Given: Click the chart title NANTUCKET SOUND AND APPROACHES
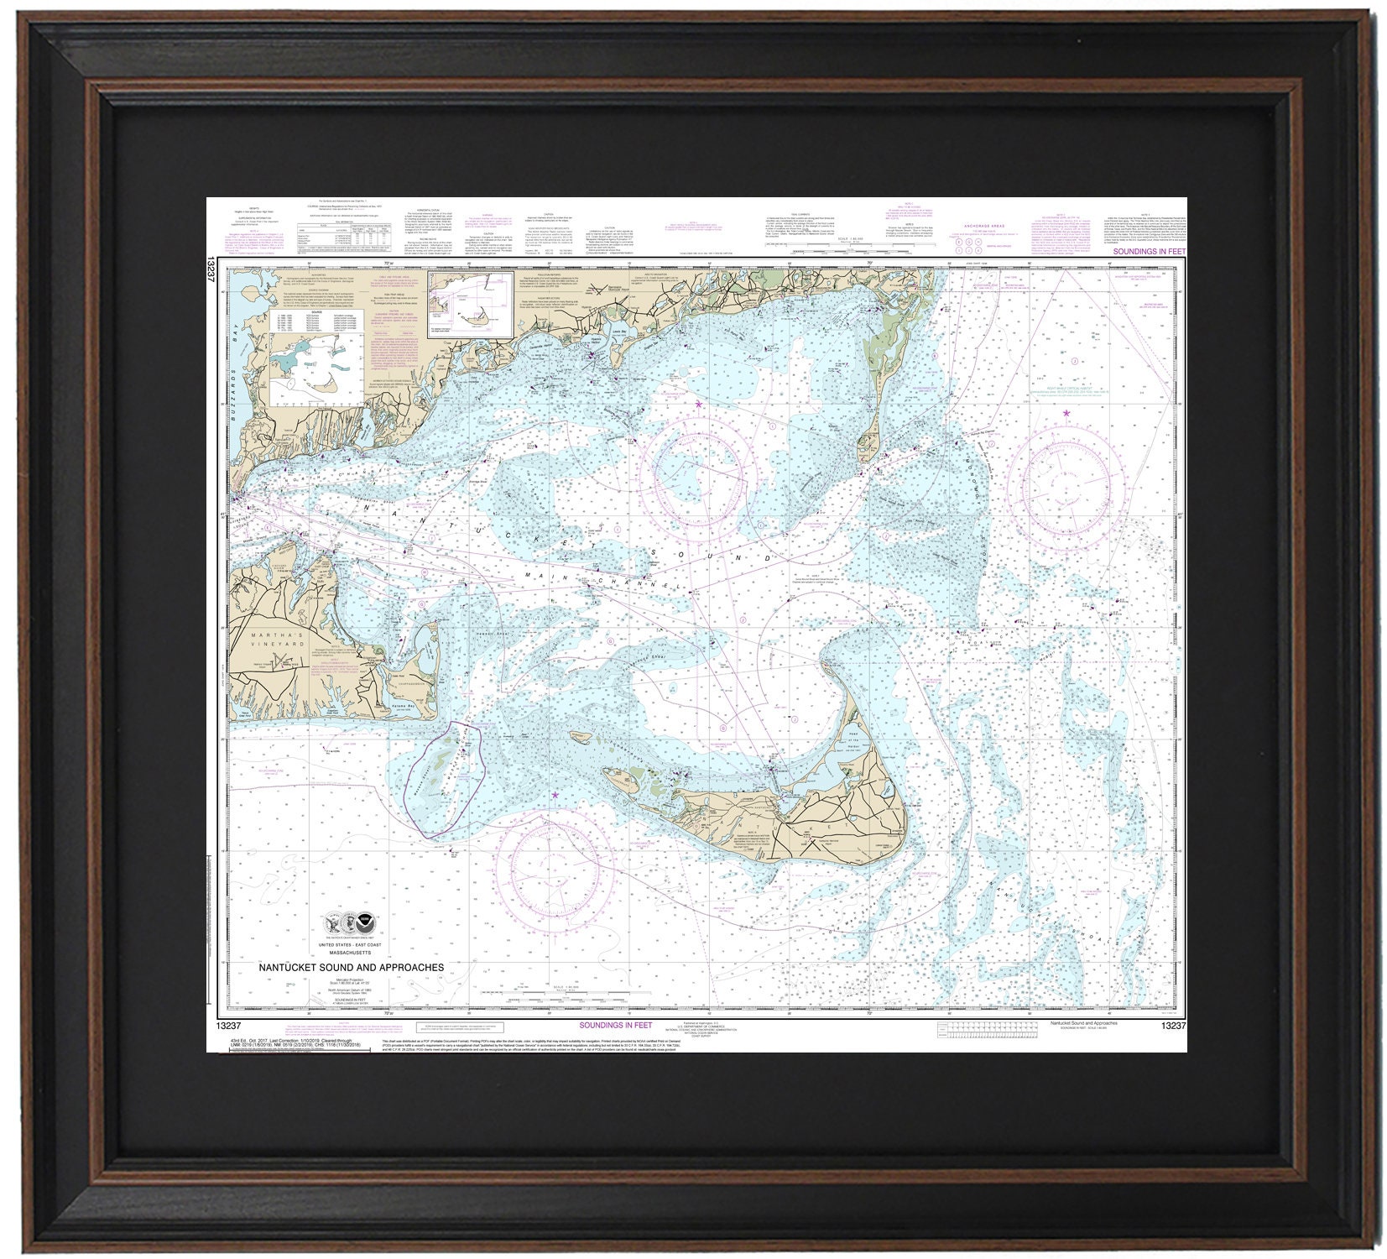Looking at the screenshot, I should [351, 967].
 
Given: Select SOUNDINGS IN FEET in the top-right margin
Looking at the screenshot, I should [1145, 252].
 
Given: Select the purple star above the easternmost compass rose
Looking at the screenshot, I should [1066, 413].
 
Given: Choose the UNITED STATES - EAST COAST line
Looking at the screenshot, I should [352, 945].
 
